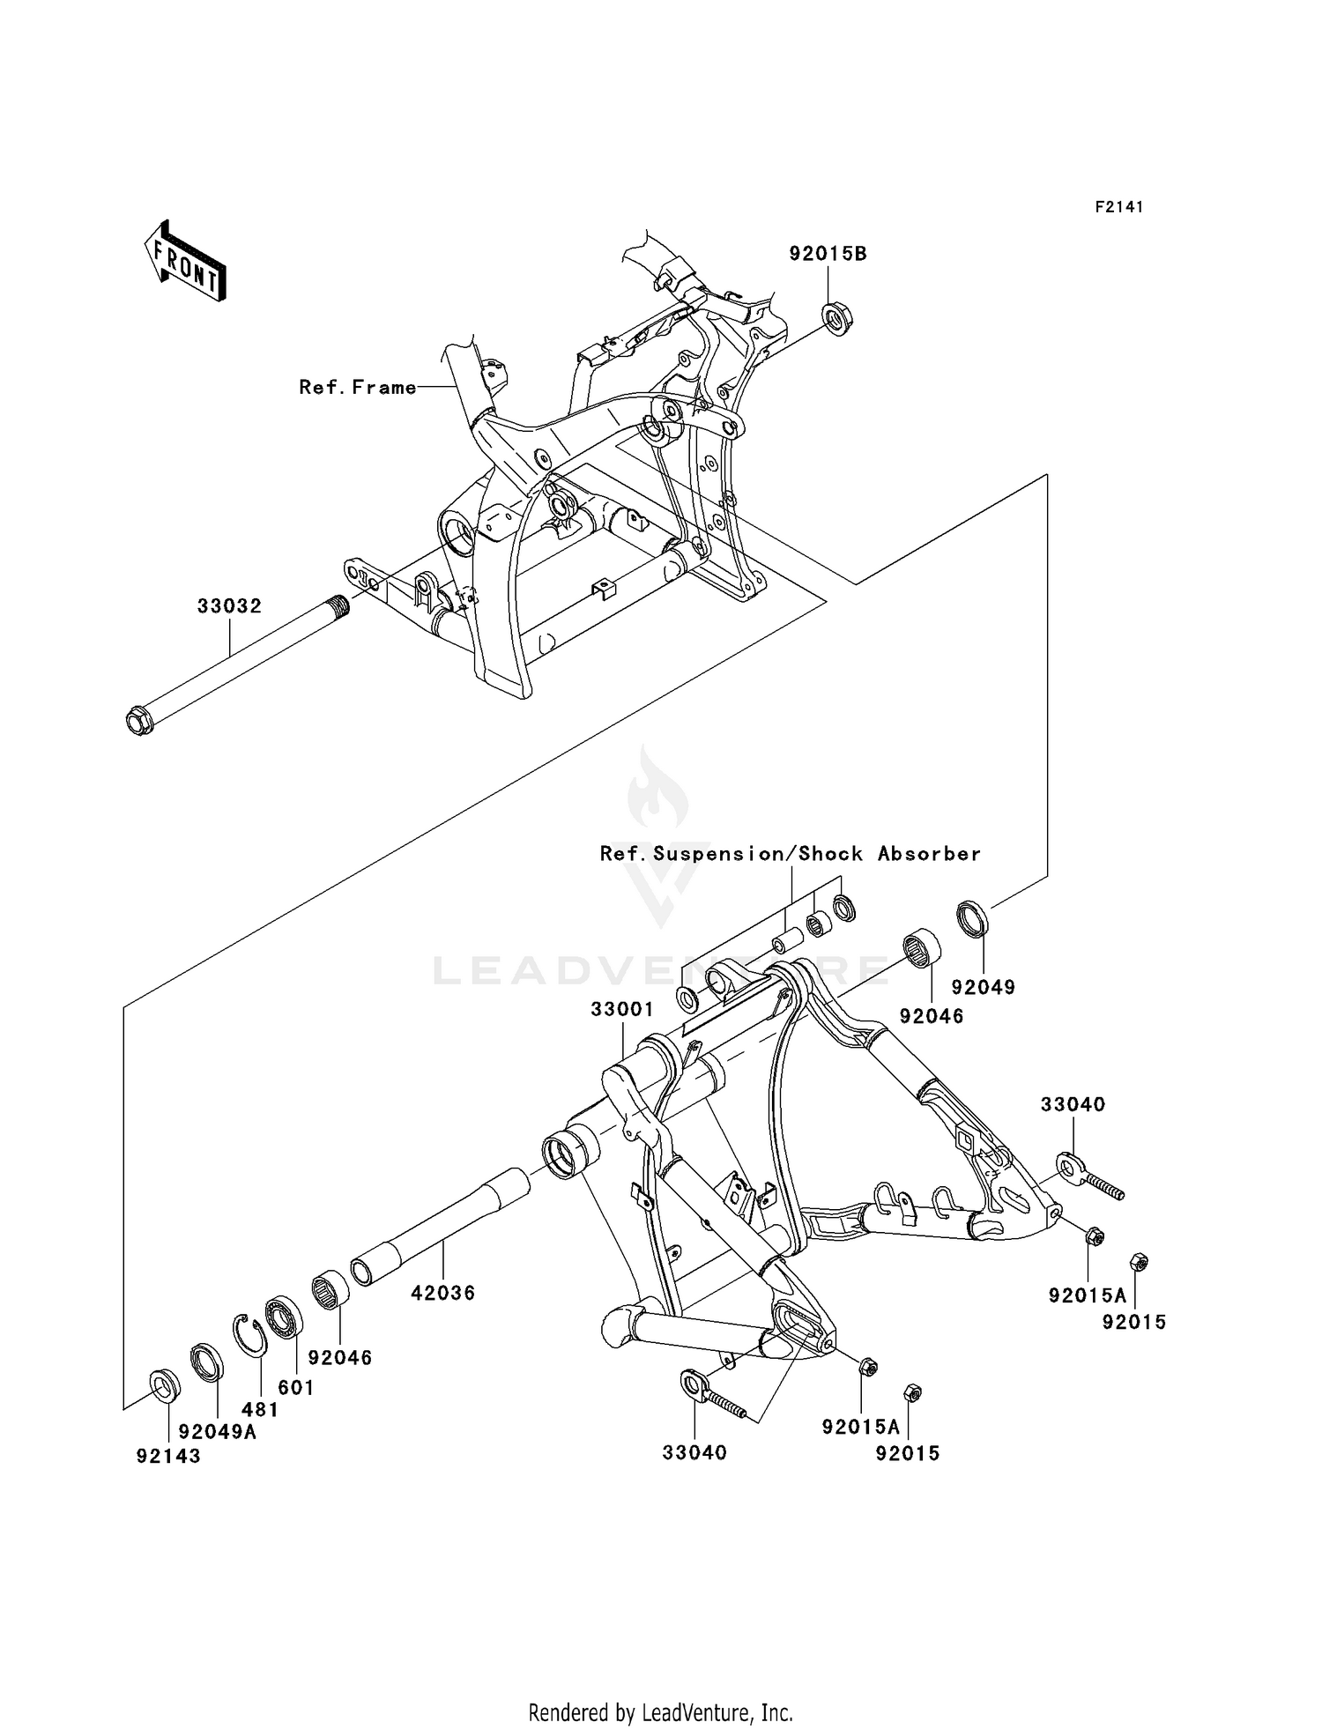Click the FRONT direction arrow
(x=186, y=262)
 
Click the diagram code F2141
(x=1118, y=207)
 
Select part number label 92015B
(x=828, y=254)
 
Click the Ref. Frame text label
(x=357, y=387)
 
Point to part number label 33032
(x=229, y=606)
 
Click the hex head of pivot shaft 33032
(x=139, y=722)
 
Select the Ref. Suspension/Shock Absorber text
(x=790, y=853)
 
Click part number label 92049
(x=983, y=987)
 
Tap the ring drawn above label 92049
(x=973, y=918)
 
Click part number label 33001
(x=621, y=1009)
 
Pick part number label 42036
(x=443, y=1293)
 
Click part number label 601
(x=296, y=1387)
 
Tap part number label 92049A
(x=217, y=1432)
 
